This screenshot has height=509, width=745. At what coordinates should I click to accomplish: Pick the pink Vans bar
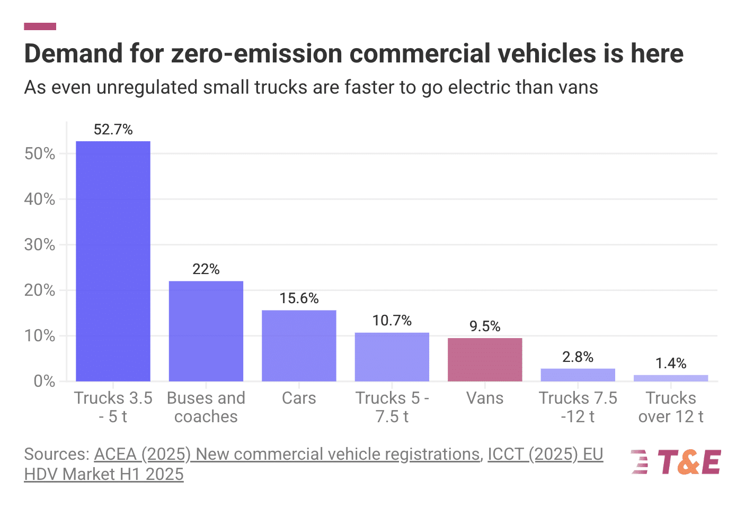coord(485,359)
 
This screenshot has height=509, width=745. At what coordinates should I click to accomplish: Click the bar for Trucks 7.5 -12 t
coord(578,375)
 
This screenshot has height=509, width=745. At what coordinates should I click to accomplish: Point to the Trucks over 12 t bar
coord(671,378)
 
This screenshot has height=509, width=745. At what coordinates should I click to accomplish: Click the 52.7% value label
coord(113,130)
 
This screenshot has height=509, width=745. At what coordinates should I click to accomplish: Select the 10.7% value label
coord(392,321)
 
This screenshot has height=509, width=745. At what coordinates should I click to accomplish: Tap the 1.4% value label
coord(671,363)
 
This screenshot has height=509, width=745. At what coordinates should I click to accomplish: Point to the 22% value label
coord(206,269)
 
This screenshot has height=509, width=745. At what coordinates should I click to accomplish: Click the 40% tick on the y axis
coord(40,199)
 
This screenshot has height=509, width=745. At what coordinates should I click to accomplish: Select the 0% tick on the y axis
coord(44,381)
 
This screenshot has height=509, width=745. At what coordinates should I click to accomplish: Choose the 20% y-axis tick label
coord(40,290)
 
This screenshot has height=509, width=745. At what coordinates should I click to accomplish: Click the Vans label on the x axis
coord(485,398)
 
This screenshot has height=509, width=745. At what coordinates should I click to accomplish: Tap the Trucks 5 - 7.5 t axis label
coord(392,407)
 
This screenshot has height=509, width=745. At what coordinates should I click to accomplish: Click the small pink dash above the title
coord(40,26)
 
